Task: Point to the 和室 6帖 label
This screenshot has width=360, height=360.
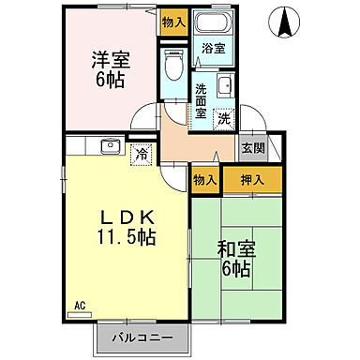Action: tap(234, 259)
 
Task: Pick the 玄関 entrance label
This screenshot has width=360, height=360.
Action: tap(251, 146)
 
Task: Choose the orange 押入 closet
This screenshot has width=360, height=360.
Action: tap(250, 179)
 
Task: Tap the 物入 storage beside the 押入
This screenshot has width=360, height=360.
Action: tap(205, 179)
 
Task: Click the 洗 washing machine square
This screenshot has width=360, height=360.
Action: tap(224, 118)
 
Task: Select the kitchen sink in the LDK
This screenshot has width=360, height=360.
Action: tap(109, 145)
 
